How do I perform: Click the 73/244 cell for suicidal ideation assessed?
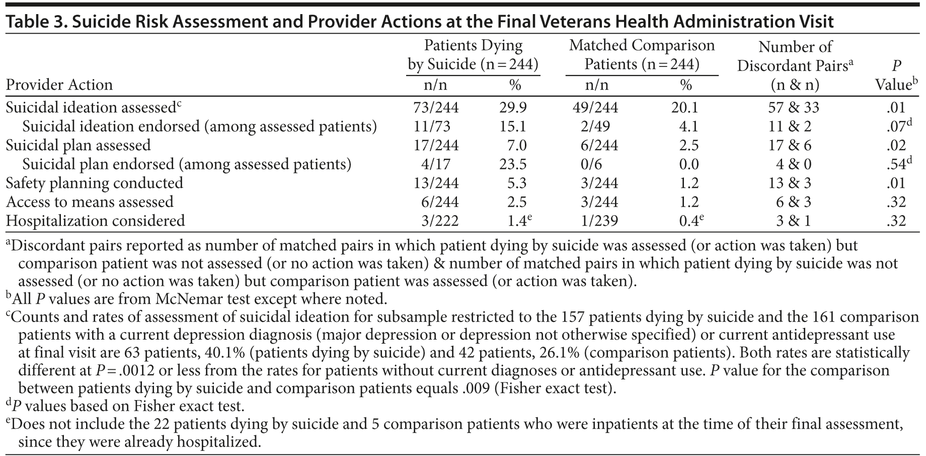coord(435,107)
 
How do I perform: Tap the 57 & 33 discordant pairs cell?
coord(794,107)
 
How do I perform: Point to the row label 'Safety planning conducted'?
coord(95,183)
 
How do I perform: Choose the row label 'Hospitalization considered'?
coord(96,221)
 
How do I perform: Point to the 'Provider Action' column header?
coord(59,85)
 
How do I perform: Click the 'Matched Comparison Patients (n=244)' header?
coord(642,55)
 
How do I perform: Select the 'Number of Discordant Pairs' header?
coord(795,56)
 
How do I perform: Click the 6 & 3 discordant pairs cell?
coord(794,202)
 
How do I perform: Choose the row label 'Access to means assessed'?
coord(90,202)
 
